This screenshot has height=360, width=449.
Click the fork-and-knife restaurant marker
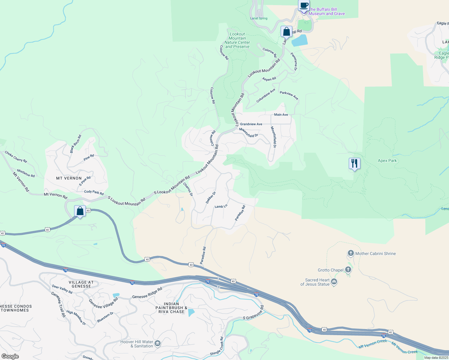click(x=354, y=163)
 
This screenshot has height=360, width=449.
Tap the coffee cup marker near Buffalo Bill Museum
click(x=304, y=5)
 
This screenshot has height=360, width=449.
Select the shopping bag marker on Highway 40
click(x=80, y=211)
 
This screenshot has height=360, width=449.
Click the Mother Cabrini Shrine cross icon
click(x=351, y=253)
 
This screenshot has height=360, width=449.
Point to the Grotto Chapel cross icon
click(x=348, y=269)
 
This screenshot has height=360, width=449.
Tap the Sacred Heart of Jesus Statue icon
click(x=334, y=282)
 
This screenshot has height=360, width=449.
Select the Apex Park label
click(x=387, y=160)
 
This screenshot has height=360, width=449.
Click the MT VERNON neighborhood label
click(x=69, y=178)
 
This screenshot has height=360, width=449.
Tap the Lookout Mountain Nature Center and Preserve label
click(x=237, y=40)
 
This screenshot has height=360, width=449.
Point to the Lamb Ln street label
click(x=221, y=206)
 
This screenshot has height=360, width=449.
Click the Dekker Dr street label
click(x=211, y=198)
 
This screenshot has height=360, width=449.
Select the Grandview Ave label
click(x=251, y=124)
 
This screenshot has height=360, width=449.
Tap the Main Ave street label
click(x=281, y=115)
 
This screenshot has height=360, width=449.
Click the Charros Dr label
click(x=188, y=190)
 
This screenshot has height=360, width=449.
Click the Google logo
click(x=10, y=356)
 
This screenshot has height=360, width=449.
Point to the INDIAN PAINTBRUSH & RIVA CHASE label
click(x=171, y=308)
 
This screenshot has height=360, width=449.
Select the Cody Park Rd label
click(x=94, y=192)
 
